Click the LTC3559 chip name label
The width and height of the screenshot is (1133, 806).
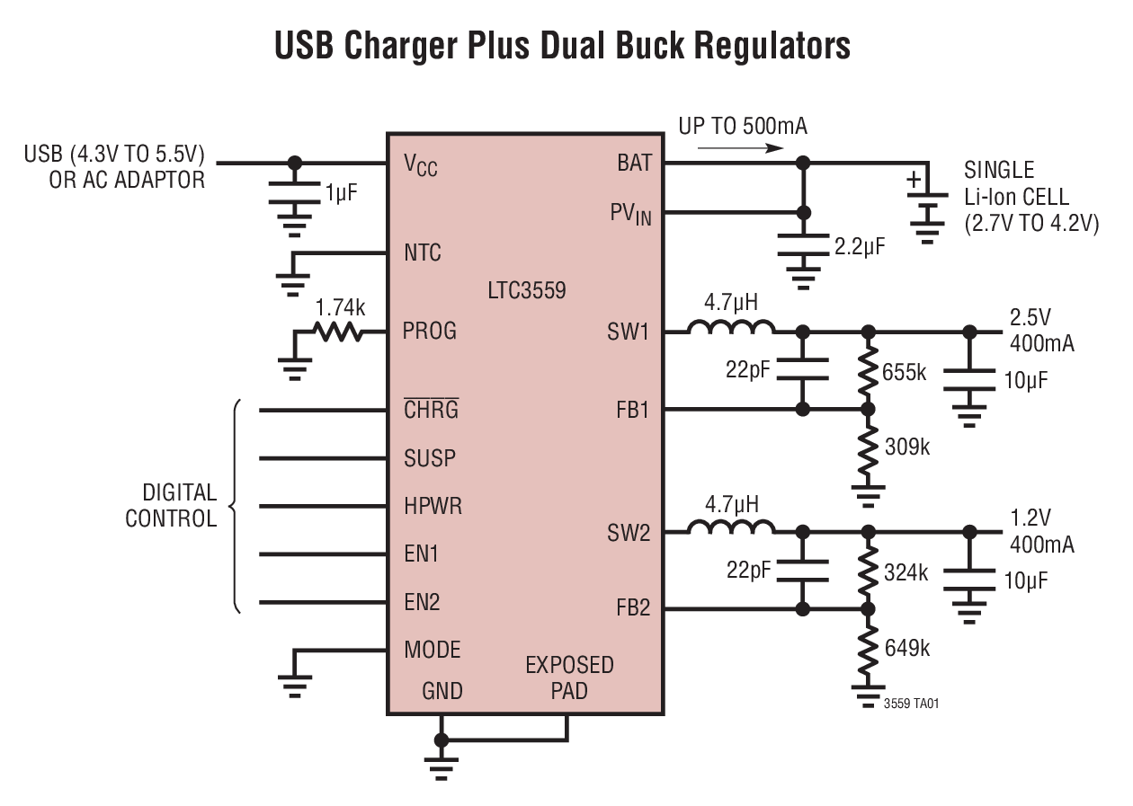(528, 291)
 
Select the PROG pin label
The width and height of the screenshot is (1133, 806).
(430, 332)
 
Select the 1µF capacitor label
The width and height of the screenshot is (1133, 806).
(342, 191)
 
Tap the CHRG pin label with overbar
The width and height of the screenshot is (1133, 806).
(431, 411)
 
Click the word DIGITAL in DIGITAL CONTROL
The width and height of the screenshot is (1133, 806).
(179, 493)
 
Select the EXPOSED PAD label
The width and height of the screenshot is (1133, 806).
(569, 678)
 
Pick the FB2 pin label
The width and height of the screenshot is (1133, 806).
(632, 608)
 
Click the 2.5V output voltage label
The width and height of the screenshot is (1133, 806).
(1030, 319)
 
